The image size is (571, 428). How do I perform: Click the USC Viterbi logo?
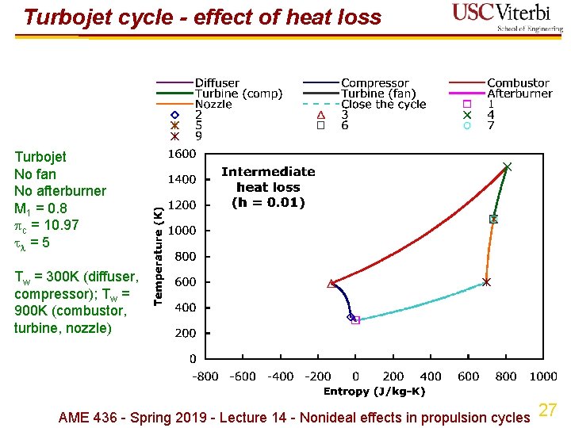tap(507, 17)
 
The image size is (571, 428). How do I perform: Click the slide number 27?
tap(547, 410)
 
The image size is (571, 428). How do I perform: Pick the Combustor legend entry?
tap(518, 83)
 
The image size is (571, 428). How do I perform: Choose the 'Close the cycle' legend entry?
tap(384, 104)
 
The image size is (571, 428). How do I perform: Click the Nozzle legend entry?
tap(213, 104)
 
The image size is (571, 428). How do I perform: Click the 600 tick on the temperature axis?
tap(186, 282)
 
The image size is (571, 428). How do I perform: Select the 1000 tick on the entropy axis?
tap(543, 376)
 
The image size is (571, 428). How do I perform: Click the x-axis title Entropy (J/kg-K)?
tap(374, 391)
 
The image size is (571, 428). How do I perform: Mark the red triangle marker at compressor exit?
tap(331, 283)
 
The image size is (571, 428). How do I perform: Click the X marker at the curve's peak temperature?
tap(507, 166)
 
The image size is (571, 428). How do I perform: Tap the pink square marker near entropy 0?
tap(355, 320)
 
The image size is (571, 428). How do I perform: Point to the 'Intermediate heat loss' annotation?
tap(268, 187)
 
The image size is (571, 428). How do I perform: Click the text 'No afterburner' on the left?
tap(60, 191)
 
